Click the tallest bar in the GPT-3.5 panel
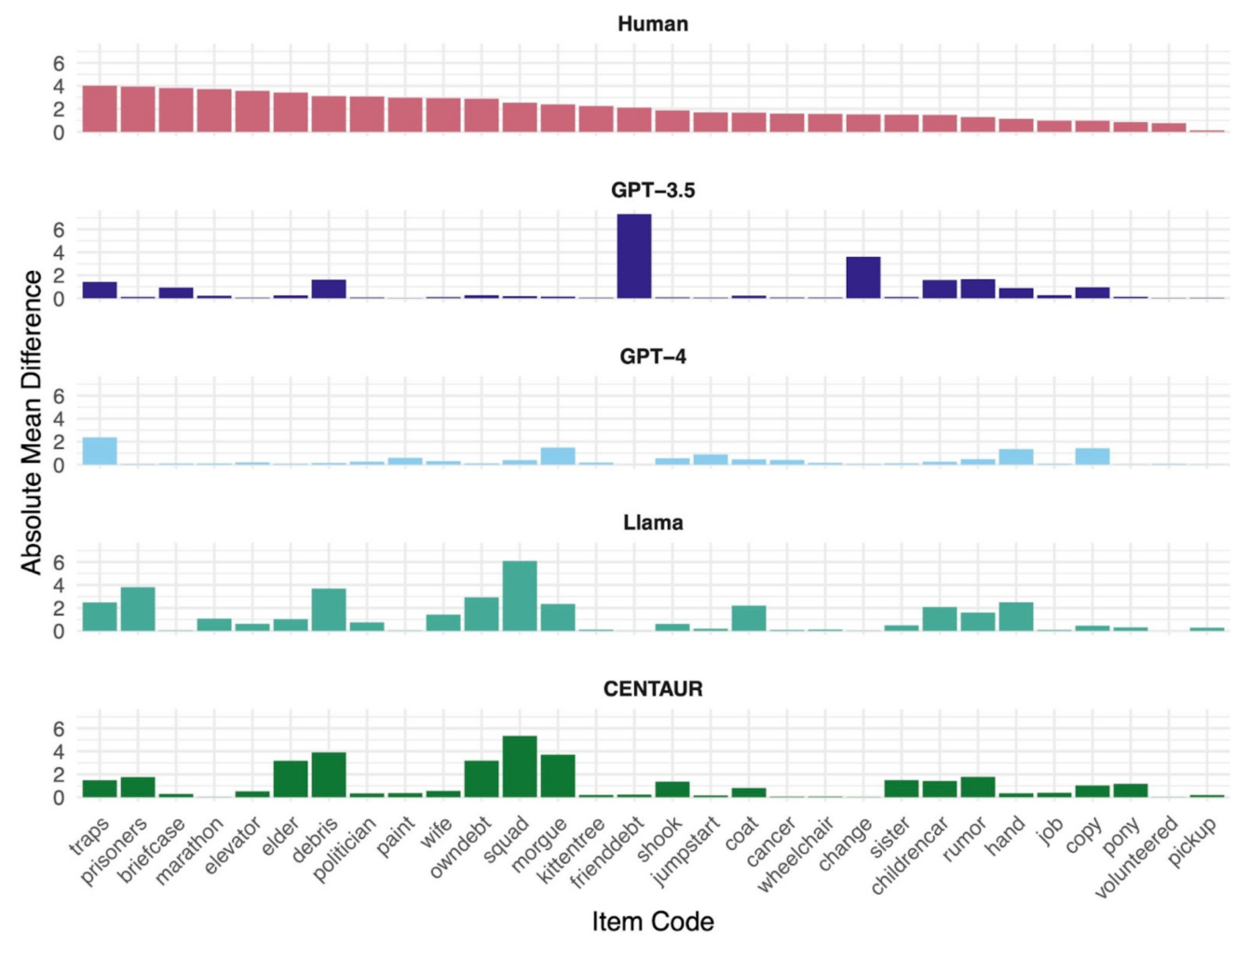click(x=633, y=257)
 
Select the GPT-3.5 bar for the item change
click(x=862, y=278)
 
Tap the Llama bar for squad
click(x=519, y=597)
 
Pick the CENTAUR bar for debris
click(x=328, y=776)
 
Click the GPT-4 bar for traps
click(x=100, y=452)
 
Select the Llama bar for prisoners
click(x=138, y=610)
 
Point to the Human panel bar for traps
click(x=100, y=109)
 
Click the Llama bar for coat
click(x=748, y=619)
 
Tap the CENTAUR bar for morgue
click(x=557, y=777)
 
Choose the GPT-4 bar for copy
click(x=1092, y=457)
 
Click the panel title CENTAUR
click(x=652, y=689)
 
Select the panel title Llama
click(x=652, y=522)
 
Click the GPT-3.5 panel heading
click(x=652, y=190)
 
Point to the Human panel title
click(x=652, y=24)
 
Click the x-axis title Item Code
click(x=652, y=922)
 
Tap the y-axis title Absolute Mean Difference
click(x=32, y=422)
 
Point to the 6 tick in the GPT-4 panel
click(x=59, y=396)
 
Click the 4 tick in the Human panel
click(x=59, y=87)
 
